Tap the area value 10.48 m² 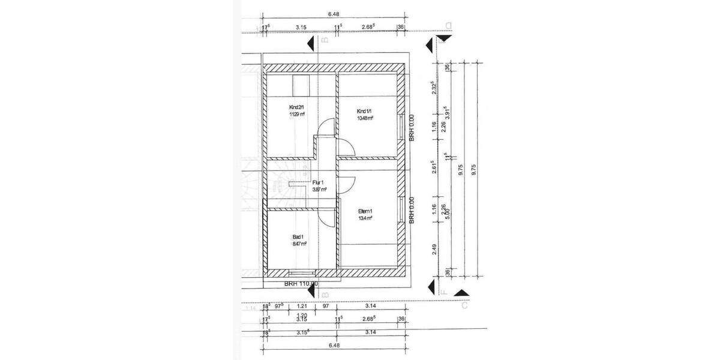(x=365, y=118)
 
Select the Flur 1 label (x=318, y=182)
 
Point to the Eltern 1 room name (x=365, y=211)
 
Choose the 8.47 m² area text (x=299, y=244)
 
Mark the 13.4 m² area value (x=365, y=218)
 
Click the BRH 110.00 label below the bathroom (x=301, y=284)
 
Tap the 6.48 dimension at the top (x=333, y=14)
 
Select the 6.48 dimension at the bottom (x=333, y=346)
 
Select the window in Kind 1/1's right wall (x=400, y=127)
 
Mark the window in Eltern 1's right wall (x=400, y=208)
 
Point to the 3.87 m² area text (x=319, y=190)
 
